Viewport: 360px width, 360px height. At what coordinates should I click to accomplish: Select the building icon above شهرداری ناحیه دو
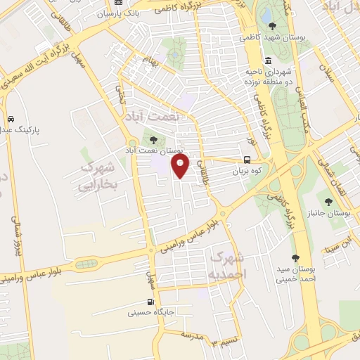coord(268,60)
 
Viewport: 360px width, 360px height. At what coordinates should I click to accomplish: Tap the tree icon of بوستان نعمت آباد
coord(153,139)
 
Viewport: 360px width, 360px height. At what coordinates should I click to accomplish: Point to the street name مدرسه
coord(191,335)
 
